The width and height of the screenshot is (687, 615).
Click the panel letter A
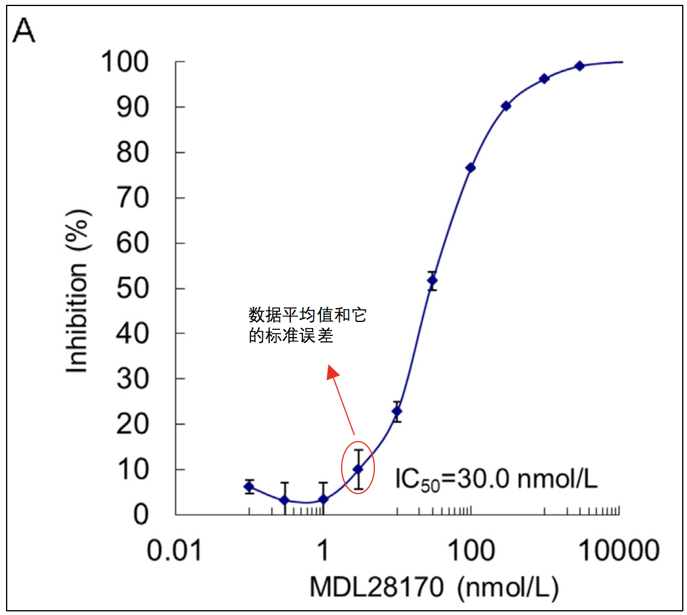click(x=24, y=30)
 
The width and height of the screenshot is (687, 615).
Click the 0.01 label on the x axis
click(x=176, y=551)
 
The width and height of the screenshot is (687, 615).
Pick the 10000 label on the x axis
click(x=618, y=551)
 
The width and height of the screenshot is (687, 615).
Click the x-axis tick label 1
click(x=324, y=551)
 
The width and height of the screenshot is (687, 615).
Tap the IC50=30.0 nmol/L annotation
click(x=496, y=480)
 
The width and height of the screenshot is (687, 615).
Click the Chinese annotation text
click(x=307, y=325)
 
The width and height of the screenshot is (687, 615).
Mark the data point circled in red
click(x=358, y=469)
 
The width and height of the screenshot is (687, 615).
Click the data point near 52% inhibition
click(x=432, y=280)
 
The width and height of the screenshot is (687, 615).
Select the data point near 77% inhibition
click(x=470, y=168)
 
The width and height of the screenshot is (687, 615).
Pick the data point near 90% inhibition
click(x=506, y=106)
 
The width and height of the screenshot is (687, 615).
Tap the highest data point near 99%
click(x=579, y=66)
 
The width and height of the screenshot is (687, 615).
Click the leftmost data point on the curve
click(x=249, y=486)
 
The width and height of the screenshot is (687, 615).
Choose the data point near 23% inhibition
click(x=397, y=411)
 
